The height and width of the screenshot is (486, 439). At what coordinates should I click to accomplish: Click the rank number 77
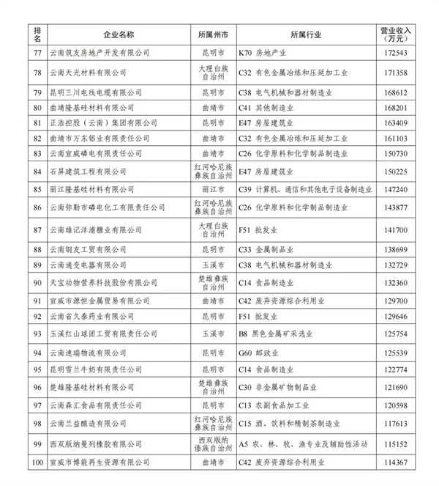pyautogui.click(x=37, y=54)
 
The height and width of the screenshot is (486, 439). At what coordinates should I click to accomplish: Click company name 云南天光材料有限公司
pyautogui.click(x=87, y=73)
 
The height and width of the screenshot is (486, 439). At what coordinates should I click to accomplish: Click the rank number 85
pyautogui.click(x=37, y=188)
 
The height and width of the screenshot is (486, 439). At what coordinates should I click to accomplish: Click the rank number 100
pyautogui.click(x=37, y=463)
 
